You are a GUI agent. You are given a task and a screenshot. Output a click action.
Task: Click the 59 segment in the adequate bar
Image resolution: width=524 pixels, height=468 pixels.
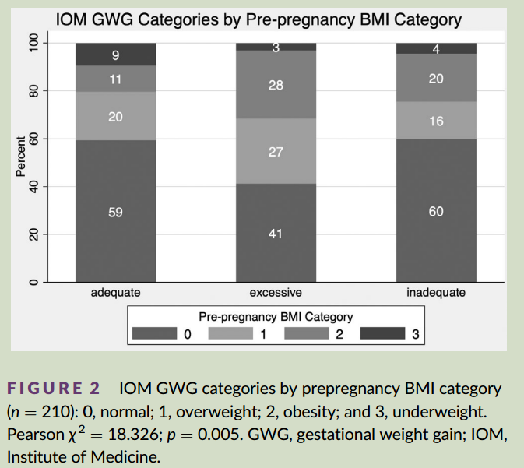[x=115, y=211]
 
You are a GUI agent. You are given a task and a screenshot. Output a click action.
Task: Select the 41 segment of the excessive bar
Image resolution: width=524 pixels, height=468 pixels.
[x=276, y=233]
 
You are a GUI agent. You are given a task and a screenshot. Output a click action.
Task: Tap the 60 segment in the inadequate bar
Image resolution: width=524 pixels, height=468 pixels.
[x=436, y=210]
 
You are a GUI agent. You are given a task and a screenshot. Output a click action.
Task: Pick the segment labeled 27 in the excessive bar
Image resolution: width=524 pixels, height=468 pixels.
[x=276, y=151]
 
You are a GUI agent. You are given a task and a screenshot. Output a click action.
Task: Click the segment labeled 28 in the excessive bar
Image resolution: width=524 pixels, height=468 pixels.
[x=276, y=84]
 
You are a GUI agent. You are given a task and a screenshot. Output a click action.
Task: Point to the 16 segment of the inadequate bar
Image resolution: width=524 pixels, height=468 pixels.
[x=436, y=121]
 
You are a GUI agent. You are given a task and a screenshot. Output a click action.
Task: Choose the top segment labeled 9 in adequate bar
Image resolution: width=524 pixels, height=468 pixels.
[x=115, y=55]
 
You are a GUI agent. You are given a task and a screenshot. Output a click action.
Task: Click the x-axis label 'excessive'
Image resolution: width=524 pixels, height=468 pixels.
[x=276, y=293]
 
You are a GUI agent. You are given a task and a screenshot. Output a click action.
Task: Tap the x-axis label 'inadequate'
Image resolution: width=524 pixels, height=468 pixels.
[x=436, y=293]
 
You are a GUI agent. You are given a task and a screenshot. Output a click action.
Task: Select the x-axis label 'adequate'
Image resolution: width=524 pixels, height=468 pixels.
[x=115, y=293]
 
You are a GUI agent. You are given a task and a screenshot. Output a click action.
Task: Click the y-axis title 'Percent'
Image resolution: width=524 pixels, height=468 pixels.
[x=21, y=162]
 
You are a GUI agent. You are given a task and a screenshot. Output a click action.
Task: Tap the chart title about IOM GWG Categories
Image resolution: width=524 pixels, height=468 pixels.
[x=259, y=19]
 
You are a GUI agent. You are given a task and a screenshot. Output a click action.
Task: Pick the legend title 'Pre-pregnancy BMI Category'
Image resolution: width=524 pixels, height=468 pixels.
[x=276, y=317]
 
